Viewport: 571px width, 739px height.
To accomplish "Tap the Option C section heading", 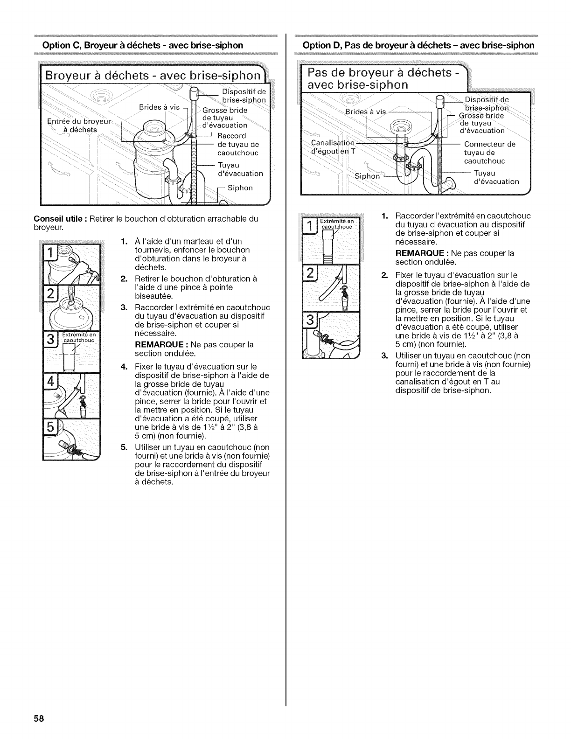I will [x=142, y=45].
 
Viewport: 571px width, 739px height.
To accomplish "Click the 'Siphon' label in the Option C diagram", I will [x=240, y=188].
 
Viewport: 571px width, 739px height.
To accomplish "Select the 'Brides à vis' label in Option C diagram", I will [x=160, y=107].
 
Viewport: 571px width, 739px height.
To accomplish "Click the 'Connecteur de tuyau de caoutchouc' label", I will [x=489, y=153].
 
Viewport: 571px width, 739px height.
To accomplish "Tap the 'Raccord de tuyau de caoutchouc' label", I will [x=238, y=144].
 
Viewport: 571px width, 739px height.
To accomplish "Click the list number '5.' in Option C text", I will [x=124, y=447].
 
